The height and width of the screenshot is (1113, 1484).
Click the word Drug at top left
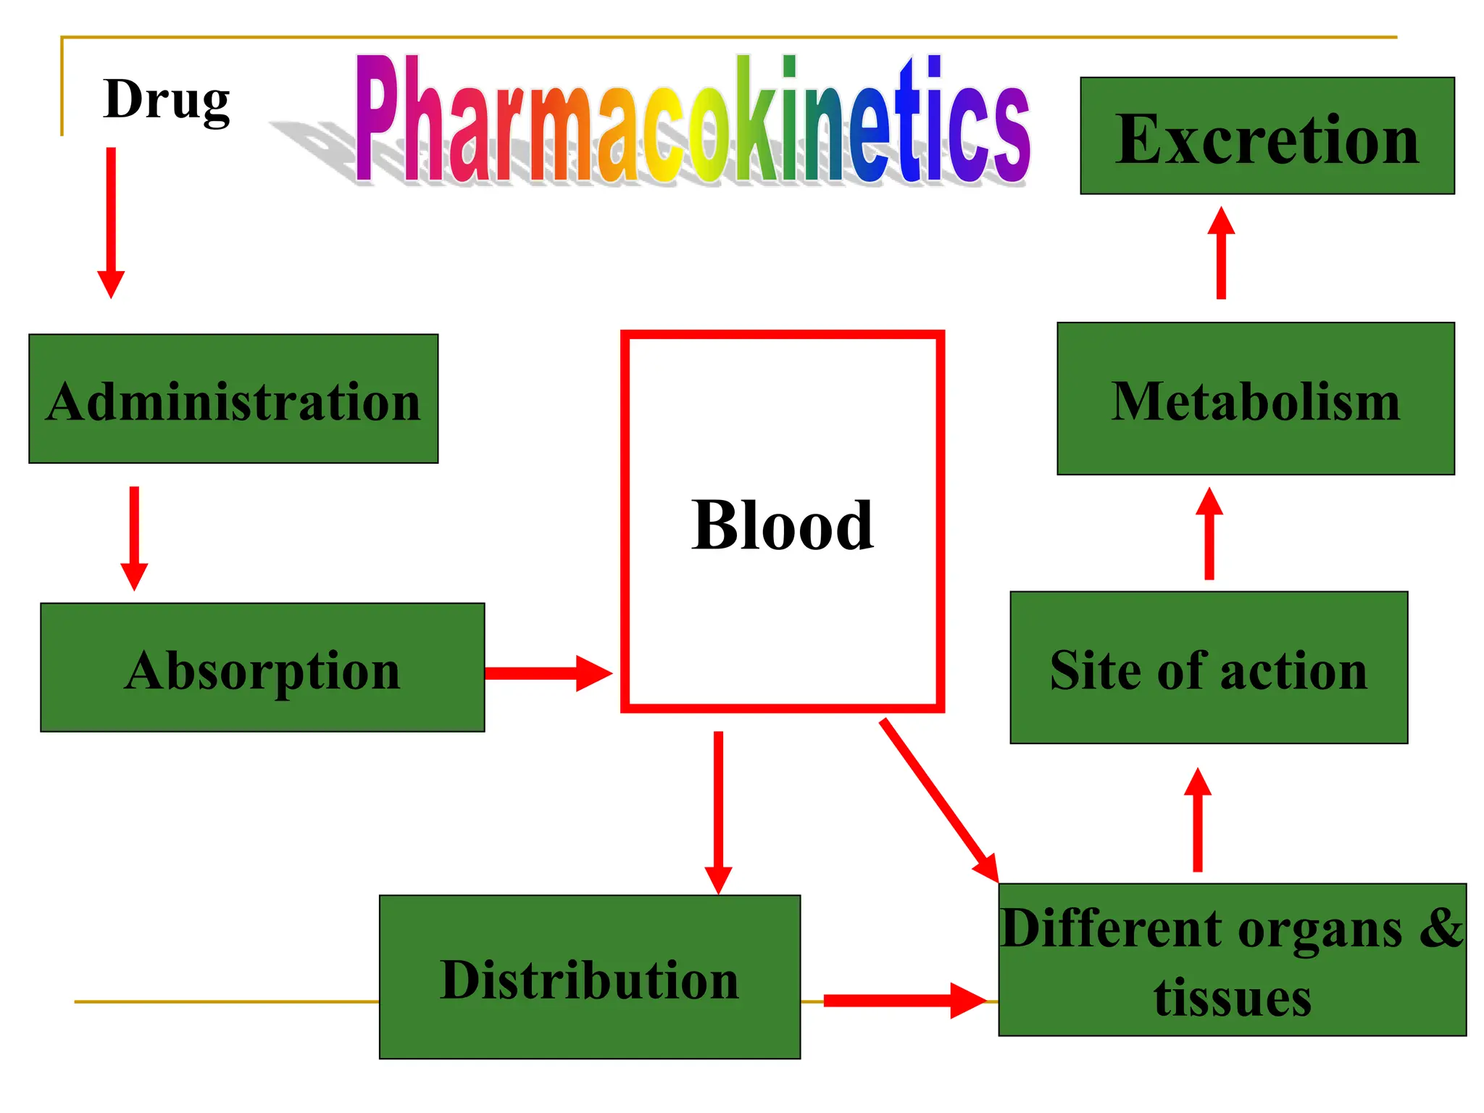[x=167, y=100]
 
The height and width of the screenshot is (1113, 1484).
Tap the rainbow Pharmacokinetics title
[x=692, y=120]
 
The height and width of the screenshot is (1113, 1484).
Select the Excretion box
[x=1267, y=136]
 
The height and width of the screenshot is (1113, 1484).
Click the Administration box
[x=233, y=399]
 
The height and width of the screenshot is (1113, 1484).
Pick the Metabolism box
[x=1255, y=399]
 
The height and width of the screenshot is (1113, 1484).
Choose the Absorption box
[x=262, y=668]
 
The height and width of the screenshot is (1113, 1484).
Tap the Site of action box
[x=1208, y=668]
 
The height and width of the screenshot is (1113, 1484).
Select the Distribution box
[x=589, y=977]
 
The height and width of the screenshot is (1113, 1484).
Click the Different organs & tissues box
[x=1232, y=960]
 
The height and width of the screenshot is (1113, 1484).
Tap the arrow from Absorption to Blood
[x=547, y=673]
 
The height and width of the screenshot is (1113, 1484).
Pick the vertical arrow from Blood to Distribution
[x=718, y=812]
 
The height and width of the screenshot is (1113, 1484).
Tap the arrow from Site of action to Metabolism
[x=1209, y=534]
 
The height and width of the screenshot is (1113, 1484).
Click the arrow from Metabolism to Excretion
[x=1221, y=253]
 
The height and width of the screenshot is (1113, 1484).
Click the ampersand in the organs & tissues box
[x=1441, y=928]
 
